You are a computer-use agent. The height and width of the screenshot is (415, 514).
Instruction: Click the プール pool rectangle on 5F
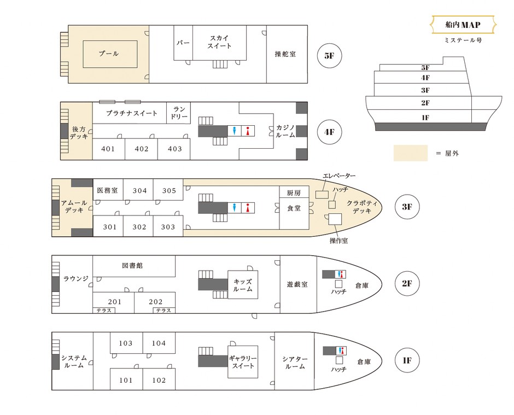coord(109,54)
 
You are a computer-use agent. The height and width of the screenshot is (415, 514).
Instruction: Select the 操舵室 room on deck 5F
coord(286,54)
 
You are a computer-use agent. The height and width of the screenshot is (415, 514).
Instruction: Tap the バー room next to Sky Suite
coord(183,43)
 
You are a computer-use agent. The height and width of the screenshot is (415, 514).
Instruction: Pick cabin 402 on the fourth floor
coord(142,149)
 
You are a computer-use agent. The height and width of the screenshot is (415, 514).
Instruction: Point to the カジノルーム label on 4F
coord(284,131)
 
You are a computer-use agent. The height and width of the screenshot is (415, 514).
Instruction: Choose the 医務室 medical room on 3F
coord(107,191)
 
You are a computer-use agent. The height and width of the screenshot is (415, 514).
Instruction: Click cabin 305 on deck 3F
coord(168,191)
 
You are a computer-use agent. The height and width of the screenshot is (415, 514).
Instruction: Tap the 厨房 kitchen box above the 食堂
coord(294,192)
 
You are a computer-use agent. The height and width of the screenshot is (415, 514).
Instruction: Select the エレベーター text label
coord(339,176)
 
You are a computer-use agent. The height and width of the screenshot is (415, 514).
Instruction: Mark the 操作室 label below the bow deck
coord(338,240)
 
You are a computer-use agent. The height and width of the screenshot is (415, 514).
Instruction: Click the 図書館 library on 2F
coord(133,266)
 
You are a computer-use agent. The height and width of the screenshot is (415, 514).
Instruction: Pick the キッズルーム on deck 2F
coord(242,285)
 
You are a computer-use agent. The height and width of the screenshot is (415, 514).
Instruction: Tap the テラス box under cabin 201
coord(104,310)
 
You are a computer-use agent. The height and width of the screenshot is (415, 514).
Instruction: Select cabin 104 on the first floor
coord(159,343)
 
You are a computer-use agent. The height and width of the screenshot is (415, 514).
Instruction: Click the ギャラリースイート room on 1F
coord(243,361)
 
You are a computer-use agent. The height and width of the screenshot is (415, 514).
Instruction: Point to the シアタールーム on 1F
coord(295,363)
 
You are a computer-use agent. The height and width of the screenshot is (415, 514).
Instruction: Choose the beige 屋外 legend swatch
coord(410,153)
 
